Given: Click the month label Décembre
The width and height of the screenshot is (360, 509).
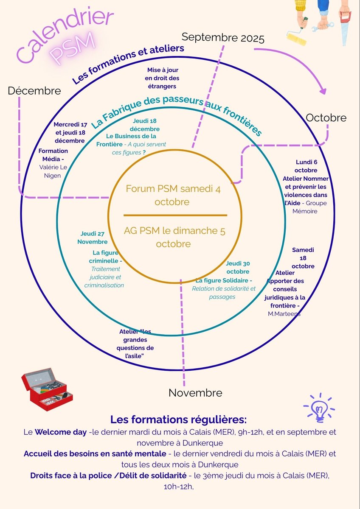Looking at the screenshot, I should (34, 91).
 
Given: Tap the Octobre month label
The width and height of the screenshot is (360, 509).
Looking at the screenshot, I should (326, 117).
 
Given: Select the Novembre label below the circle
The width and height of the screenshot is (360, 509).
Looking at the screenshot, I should (195, 393).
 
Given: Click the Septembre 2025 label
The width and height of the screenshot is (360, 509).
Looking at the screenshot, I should (223, 38).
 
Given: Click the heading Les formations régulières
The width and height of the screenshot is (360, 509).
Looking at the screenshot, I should (178, 420).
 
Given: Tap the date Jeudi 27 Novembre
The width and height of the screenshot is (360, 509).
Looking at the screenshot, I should (93, 238).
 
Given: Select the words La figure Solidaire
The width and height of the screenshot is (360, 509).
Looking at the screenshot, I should (224, 280).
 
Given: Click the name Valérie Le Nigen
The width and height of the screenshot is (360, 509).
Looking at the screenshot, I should (53, 171).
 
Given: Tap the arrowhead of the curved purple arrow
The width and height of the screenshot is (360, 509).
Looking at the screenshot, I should (323, 91).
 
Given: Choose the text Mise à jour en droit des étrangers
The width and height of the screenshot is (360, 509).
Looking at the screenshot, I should (163, 78).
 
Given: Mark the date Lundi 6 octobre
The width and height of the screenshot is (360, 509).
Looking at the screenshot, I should (306, 166).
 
